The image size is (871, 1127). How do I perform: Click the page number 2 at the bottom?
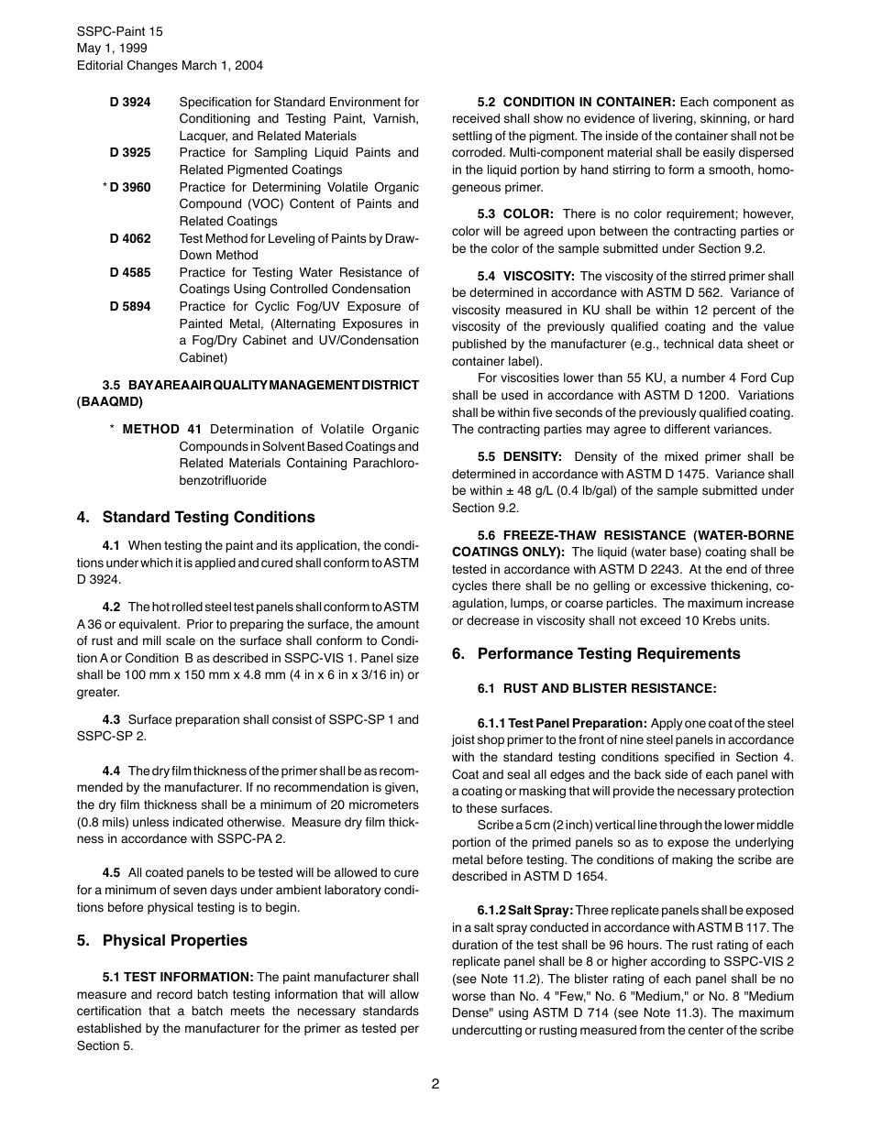435,1084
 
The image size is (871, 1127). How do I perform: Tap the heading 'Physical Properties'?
174,940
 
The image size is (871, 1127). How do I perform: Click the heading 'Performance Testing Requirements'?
609,653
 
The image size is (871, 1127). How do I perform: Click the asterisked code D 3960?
130,187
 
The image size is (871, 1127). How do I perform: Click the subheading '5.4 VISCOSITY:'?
526,276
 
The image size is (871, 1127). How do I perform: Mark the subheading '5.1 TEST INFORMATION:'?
178,977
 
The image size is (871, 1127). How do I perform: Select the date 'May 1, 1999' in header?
112,49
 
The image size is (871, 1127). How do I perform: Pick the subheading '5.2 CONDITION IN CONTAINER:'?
577,102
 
